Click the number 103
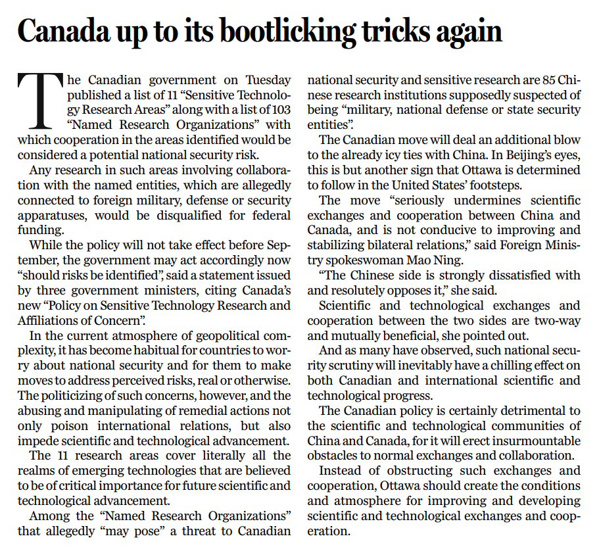click(279, 109)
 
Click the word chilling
click(509, 366)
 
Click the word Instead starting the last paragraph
click(344, 470)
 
